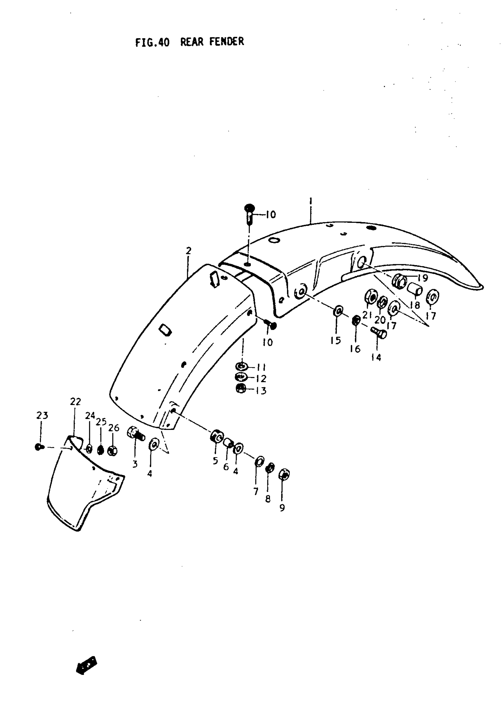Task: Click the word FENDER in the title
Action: (226, 41)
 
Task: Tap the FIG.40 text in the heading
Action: (152, 42)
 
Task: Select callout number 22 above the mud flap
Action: (75, 402)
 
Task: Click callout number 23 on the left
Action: (42, 415)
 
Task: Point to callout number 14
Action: (376, 358)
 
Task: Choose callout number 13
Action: (261, 391)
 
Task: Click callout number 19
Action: (423, 278)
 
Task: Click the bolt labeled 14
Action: (379, 334)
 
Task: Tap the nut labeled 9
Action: (284, 475)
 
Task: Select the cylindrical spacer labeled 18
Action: (415, 290)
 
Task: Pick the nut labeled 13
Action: (241, 389)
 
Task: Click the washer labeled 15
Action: (338, 311)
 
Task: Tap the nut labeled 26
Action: (112, 451)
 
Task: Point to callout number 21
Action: (367, 315)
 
